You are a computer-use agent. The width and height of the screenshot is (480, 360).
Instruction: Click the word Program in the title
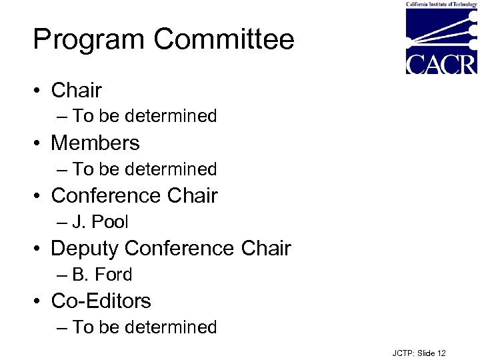pyautogui.click(x=89, y=40)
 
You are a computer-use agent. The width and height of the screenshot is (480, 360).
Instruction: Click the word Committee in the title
pyautogui.click(x=224, y=40)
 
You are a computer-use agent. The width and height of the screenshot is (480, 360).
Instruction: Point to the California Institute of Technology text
pyautogui.click(x=441, y=4)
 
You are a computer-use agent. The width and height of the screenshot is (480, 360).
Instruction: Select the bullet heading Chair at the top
pyautogui.click(x=76, y=90)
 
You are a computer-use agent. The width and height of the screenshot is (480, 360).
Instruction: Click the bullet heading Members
pyautogui.click(x=95, y=143)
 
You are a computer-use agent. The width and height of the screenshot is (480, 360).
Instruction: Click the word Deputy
pyautogui.click(x=84, y=248)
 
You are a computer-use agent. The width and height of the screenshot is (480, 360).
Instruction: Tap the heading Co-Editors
pyautogui.click(x=101, y=301)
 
